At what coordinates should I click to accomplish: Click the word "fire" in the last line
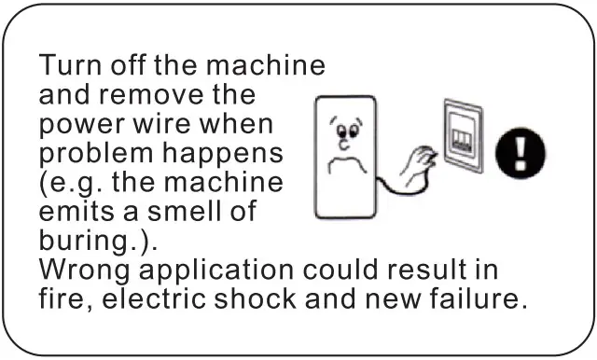[62, 299]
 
